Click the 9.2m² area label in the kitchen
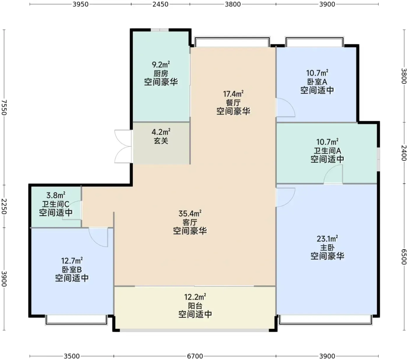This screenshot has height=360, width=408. point(161,65)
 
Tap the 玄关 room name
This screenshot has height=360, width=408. point(161,141)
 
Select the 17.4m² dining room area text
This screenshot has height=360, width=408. point(233,94)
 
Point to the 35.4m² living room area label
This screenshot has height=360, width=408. point(190,214)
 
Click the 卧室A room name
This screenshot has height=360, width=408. point(317,82)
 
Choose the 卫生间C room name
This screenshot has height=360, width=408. point(56,204)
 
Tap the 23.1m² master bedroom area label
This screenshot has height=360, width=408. point(327,239)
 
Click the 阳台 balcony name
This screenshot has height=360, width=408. point(195,306)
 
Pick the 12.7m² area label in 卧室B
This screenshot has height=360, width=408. point(72,261)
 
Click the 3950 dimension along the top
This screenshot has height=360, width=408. point(80,4)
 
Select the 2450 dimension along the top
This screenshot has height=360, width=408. point(160,4)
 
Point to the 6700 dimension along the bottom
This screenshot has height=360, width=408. point(195,356)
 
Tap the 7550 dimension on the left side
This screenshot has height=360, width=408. point(4,107)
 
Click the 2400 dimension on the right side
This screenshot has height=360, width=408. point(404,153)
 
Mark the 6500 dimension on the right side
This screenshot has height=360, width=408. point(404,257)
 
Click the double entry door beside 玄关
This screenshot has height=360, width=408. point(123,146)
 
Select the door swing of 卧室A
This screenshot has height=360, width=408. point(285,107)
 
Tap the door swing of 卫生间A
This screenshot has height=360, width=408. point(333,174)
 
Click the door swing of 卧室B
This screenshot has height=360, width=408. point(98,237)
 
